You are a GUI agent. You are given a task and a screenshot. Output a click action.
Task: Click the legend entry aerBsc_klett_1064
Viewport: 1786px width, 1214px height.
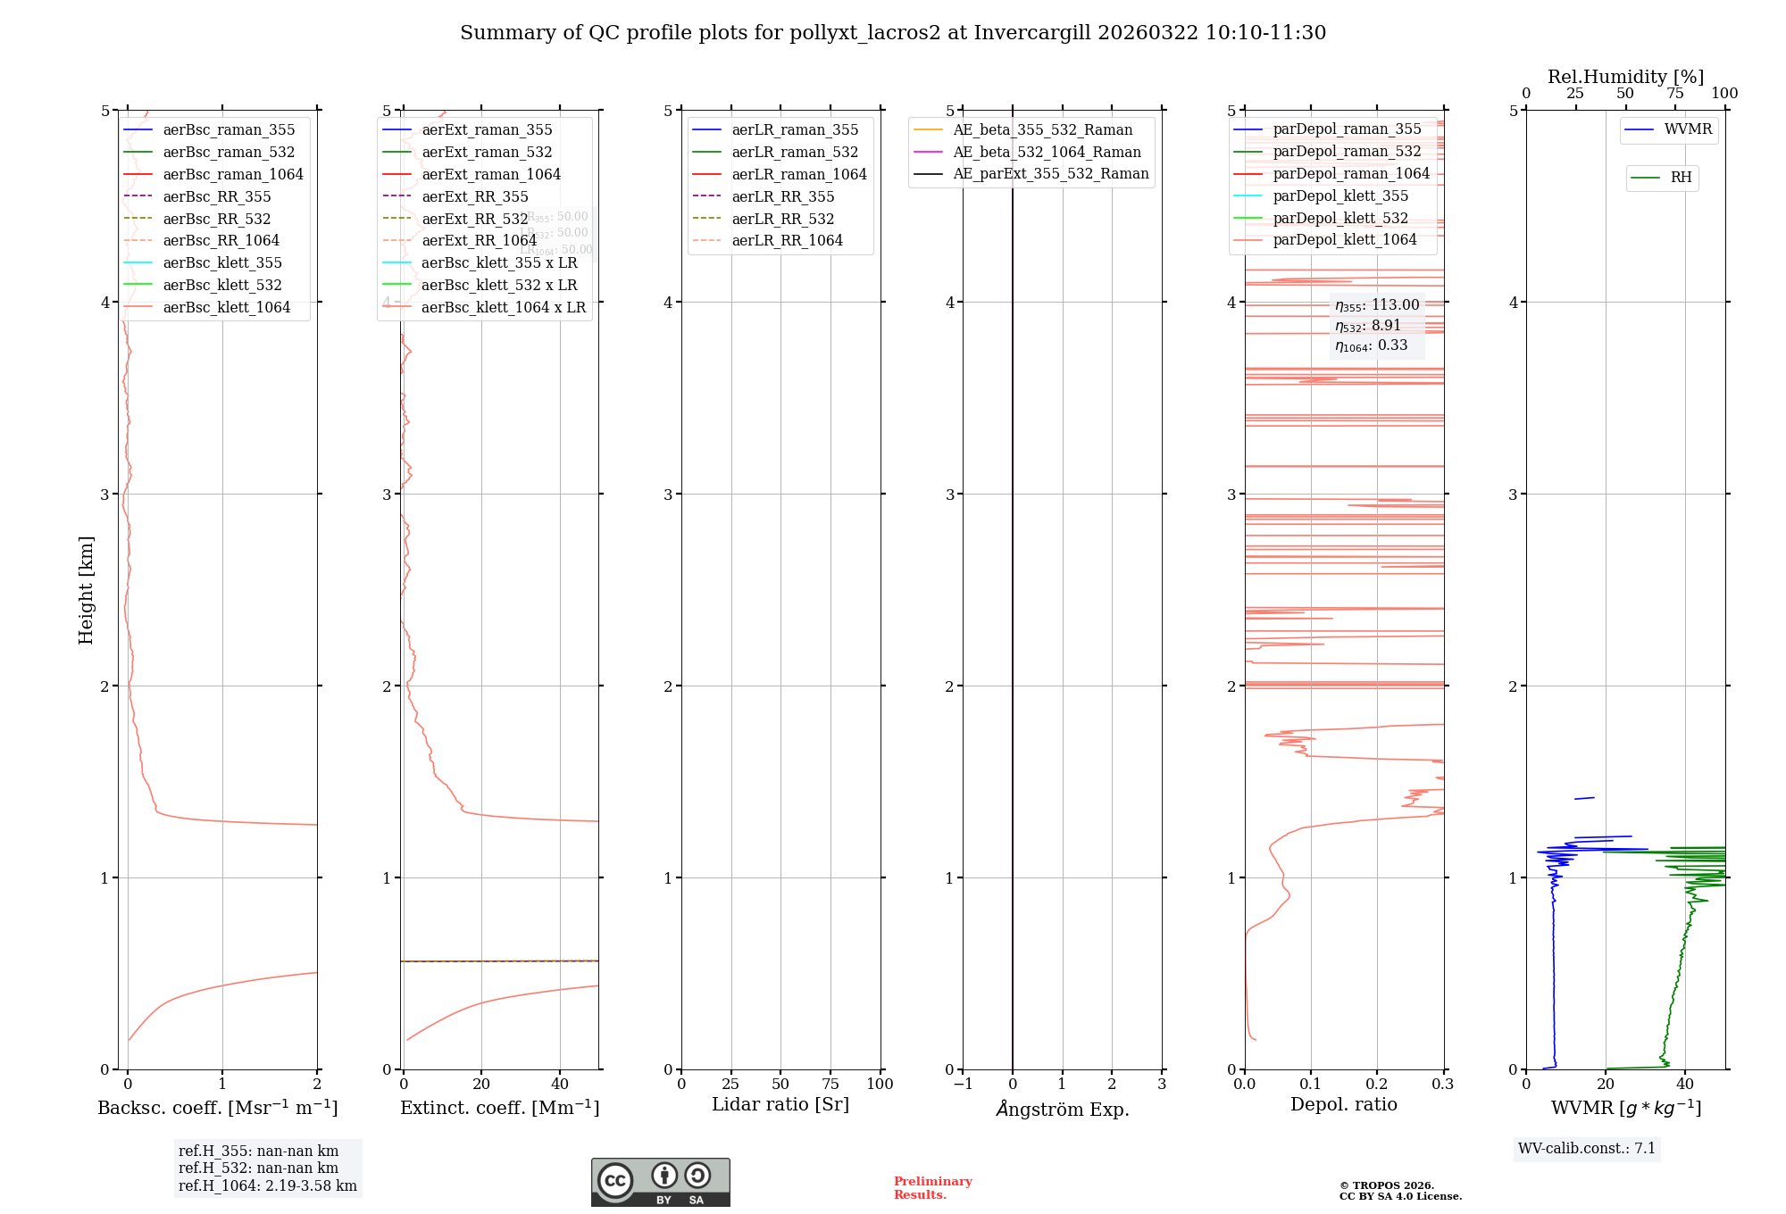coord(226,308)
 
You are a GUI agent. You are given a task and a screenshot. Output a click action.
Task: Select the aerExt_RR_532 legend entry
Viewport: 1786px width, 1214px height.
coord(474,219)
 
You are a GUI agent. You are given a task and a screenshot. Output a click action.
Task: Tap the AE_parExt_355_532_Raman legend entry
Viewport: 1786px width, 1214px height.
coord(1050,174)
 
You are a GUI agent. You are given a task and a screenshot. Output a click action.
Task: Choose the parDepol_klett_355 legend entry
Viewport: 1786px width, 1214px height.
coord(1339,196)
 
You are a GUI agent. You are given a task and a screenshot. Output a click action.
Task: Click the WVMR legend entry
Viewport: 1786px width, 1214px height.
coord(1687,129)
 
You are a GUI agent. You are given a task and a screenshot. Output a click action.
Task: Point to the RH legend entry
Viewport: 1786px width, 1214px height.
coord(1680,178)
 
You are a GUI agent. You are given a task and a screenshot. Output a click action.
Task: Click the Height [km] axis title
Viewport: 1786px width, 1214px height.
coord(86,590)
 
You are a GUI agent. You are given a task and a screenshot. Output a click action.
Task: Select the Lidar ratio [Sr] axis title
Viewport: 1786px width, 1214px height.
coord(780,1105)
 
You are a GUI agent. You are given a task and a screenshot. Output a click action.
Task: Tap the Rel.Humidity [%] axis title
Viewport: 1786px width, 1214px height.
coord(1625,77)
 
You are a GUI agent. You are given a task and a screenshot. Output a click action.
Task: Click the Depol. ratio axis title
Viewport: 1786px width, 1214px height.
coord(1343,1105)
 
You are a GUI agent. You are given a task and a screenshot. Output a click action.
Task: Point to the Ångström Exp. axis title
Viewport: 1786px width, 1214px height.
coord(1062,1110)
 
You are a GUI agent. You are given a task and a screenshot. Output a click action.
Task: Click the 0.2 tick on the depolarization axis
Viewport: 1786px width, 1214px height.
coord(1377,1085)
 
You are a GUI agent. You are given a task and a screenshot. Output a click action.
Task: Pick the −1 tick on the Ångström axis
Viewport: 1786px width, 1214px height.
coord(962,1085)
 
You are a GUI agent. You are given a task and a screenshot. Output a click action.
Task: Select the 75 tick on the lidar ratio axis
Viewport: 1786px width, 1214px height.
coord(830,1085)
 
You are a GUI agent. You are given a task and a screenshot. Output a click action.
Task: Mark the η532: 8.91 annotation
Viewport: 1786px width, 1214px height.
coord(1368,326)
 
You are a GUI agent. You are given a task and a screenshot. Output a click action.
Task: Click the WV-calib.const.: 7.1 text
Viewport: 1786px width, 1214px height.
coord(1586,1149)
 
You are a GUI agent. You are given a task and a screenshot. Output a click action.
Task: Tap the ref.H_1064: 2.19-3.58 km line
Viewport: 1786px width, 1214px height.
coord(267,1186)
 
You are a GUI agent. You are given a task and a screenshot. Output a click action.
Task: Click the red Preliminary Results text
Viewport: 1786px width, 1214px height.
coord(932,1188)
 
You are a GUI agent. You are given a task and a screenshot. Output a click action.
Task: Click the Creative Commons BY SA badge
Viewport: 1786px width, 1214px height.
coord(660,1183)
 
